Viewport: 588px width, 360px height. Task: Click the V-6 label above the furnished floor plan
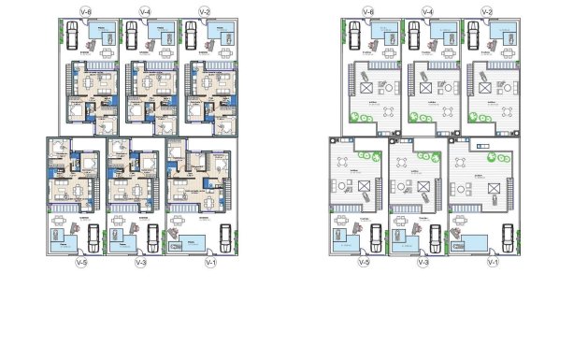point(86,11)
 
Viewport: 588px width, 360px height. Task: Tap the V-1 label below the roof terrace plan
point(492,263)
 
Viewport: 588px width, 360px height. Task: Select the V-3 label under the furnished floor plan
point(141,263)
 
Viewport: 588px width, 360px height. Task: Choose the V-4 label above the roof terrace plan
point(427,11)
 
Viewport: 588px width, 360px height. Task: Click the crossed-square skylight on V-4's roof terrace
point(426,88)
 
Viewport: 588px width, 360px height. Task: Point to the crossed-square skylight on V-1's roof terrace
point(489,200)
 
